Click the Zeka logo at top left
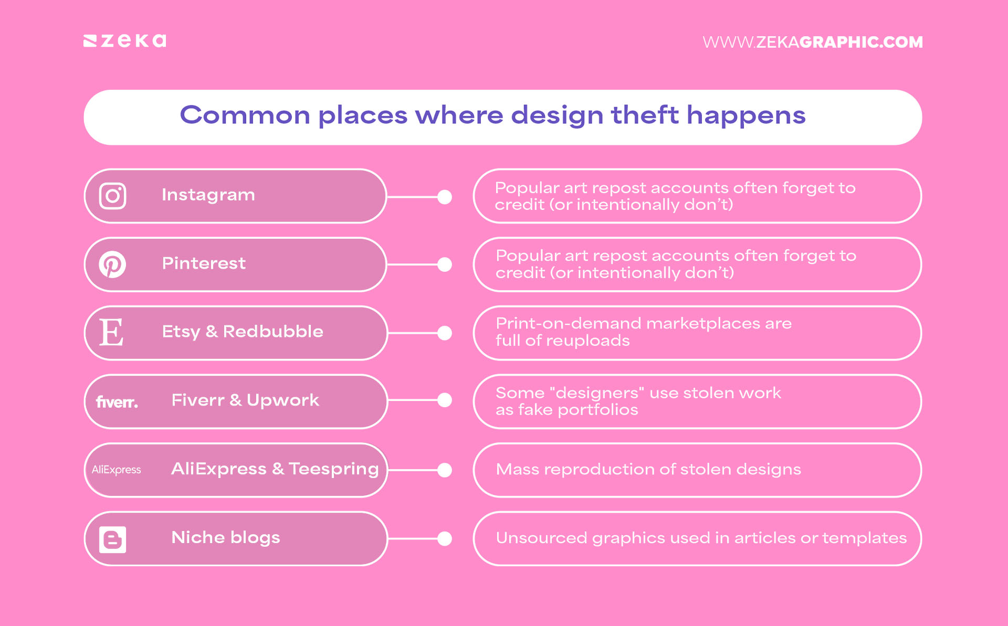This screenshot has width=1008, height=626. click(125, 41)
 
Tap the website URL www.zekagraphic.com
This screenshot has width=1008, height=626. click(812, 42)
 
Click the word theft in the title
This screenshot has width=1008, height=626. click(644, 115)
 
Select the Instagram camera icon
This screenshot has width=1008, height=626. click(113, 196)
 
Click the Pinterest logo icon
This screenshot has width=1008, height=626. click(112, 264)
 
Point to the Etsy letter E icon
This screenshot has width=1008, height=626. click(111, 333)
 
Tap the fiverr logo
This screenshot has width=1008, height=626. click(117, 402)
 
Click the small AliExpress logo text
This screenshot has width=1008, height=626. click(116, 470)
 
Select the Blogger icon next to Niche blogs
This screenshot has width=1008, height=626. click(112, 539)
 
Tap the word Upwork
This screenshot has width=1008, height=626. click(282, 400)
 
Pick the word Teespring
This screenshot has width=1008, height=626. click(333, 469)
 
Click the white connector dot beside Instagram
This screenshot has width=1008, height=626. click(445, 197)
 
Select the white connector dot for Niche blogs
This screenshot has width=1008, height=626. click(445, 539)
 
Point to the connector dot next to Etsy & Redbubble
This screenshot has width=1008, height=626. click(445, 333)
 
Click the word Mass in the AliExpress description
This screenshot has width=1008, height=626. click(517, 469)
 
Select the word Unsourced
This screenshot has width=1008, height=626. click(541, 538)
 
